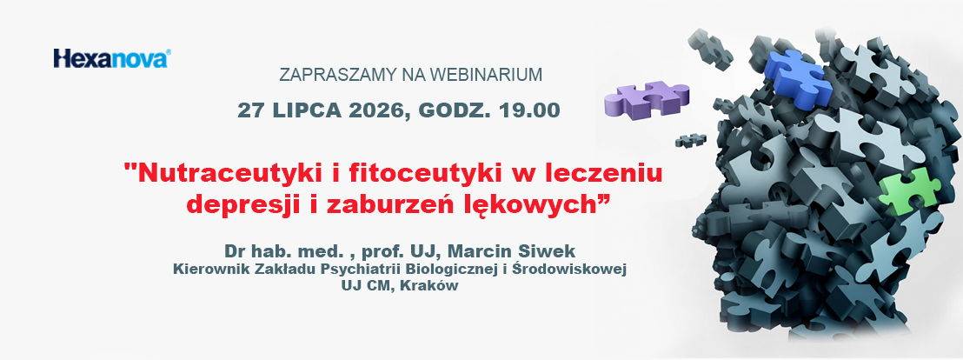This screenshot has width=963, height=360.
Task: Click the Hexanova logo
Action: tap(111, 58)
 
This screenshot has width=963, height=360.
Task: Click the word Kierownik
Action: tap(202, 270)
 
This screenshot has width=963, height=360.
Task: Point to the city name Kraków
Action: tap(435, 286)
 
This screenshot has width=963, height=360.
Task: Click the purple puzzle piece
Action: tap(646, 98)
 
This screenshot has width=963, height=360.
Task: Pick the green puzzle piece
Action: tap(908, 191)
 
